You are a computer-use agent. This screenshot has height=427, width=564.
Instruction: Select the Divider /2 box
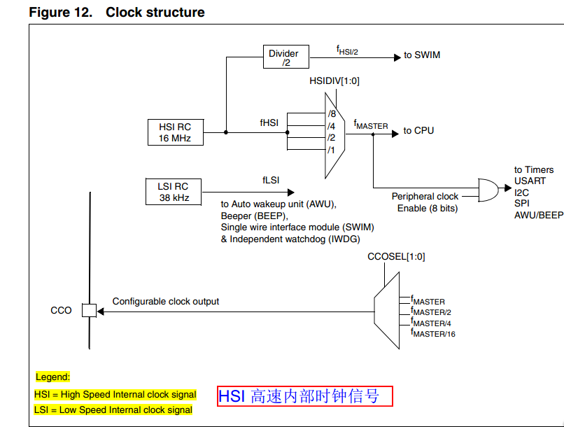pyautogui.click(x=285, y=57)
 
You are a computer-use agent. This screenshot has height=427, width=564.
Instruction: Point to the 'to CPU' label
pyautogui.click(x=418, y=131)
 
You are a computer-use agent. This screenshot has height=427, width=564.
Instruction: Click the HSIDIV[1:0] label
pyautogui.click(x=334, y=81)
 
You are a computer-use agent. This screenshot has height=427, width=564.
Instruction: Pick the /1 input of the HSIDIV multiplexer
pyautogui.click(x=331, y=150)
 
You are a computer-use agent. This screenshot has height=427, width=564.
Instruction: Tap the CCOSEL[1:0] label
pyautogui.click(x=396, y=257)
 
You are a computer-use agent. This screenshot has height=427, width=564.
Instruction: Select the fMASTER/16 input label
pyautogui.click(x=433, y=333)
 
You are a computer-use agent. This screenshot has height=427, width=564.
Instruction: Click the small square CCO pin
pyautogui.click(x=89, y=310)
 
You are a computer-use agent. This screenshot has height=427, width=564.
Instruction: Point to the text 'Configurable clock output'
pyautogui.click(x=166, y=302)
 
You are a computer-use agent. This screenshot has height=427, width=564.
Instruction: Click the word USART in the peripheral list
pyautogui.click(x=530, y=181)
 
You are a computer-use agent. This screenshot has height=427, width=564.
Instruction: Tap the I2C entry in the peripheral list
pyautogui.click(x=522, y=192)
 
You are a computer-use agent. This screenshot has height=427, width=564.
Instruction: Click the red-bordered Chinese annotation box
pyautogui.click(x=304, y=396)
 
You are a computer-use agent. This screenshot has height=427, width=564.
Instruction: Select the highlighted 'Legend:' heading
pyautogui.click(x=52, y=377)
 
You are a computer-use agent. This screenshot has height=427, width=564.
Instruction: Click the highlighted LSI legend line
pyautogui.click(x=113, y=410)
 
